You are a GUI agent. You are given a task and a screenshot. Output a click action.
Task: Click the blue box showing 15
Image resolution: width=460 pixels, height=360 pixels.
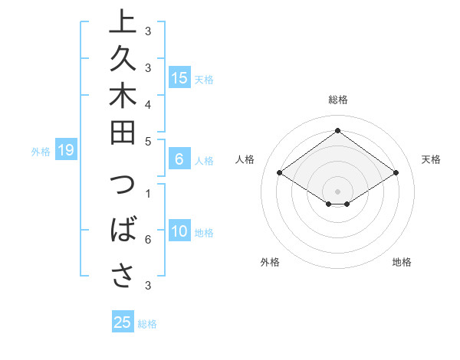click(x=179, y=77)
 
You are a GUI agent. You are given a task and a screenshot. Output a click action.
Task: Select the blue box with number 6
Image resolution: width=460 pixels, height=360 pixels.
click(x=179, y=159)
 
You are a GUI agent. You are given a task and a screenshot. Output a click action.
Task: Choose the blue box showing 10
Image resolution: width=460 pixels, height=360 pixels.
click(x=179, y=232)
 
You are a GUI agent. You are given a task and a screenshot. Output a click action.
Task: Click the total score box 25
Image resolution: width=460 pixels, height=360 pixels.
click(x=123, y=322)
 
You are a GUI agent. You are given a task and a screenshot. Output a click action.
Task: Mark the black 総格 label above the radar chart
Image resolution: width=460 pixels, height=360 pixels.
click(x=337, y=100)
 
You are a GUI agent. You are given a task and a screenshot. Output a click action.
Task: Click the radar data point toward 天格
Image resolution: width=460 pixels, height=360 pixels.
click(x=396, y=173)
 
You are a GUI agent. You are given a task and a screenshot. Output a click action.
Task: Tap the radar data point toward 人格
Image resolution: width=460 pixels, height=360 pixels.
click(x=280, y=173)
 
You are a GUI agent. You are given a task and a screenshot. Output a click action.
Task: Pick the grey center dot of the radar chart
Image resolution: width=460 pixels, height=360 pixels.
click(x=337, y=191)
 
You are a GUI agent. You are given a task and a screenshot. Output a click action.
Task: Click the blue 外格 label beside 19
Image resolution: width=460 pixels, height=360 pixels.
click(x=41, y=152)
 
